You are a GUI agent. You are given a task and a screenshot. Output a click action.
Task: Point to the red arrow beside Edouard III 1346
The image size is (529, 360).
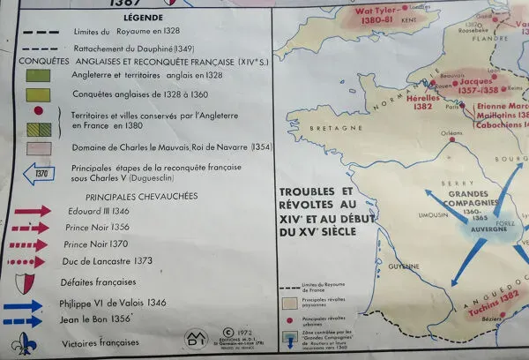point(33,213)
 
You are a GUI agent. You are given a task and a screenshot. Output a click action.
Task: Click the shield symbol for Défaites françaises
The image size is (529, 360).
point(29,282)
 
